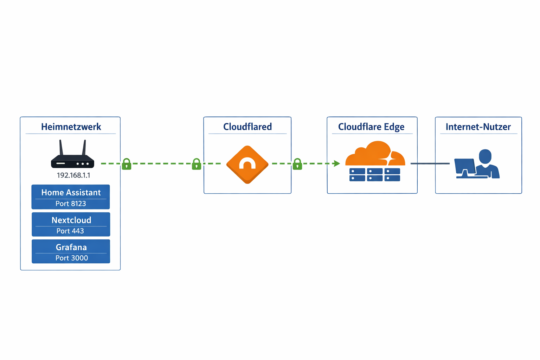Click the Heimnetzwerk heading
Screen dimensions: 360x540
point(71,127)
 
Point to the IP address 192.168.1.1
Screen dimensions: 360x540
point(73,175)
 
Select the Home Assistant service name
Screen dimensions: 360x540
point(71,192)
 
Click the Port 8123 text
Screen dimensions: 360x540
point(71,204)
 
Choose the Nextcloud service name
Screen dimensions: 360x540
point(71,220)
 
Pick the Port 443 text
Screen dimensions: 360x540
point(70,231)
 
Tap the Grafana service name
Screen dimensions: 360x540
point(71,247)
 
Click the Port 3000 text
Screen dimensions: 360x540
point(72,258)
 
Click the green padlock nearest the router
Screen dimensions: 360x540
point(127,164)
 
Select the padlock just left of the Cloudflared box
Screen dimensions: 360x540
point(197,164)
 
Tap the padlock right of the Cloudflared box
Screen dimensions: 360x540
point(297,164)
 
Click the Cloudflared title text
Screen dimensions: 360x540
point(247,127)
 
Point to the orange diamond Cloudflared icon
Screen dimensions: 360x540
point(247,164)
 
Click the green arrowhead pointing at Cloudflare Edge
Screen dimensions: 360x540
point(336,163)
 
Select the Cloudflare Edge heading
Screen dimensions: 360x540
point(371,127)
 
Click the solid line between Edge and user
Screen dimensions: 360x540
point(430,163)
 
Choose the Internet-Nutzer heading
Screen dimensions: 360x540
point(478,127)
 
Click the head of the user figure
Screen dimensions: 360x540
point(485,156)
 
